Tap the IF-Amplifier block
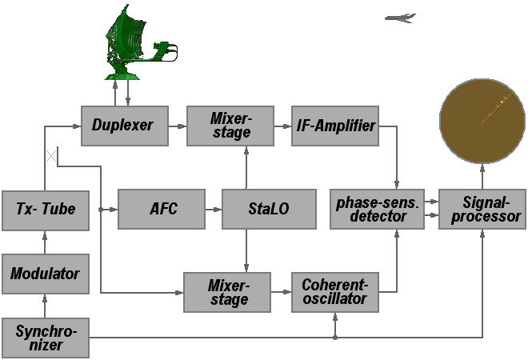pyautogui.click(x=334, y=125)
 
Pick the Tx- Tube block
pyautogui.click(x=45, y=210)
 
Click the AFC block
pyautogui.click(x=162, y=210)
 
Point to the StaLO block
pyautogui.click(x=267, y=210)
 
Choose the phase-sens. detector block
pyautogui.click(x=377, y=209)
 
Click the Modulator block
pyautogui.click(x=45, y=274)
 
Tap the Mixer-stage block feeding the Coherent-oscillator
pyautogui.click(x=228, y=293)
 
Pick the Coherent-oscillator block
pyautogui.click(x=334, y=293)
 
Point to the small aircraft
pyautogui.click(x=400, y=18)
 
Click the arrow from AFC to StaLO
pyautogui.click(x=214, y=210)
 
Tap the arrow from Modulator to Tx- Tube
pyautogui.click(x=45, y=242)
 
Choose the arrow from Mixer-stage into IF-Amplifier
pyautogui.click(x=282, y=125)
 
